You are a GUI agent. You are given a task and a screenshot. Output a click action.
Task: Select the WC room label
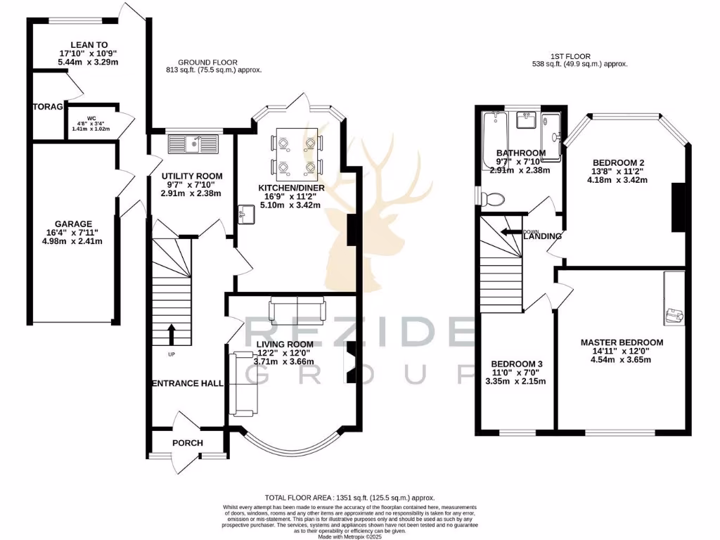pos(91,119)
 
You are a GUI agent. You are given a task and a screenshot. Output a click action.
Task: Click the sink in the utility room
pos(193,144)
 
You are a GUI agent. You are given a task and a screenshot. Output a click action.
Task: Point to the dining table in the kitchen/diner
pos(296,154)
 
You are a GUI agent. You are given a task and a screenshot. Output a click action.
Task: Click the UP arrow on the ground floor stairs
pos(171,335)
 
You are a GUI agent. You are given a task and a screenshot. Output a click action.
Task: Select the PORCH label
pos(187,443)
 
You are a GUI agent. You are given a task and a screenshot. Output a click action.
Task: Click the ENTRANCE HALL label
pos(188,383)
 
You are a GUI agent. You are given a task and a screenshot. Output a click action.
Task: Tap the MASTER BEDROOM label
pos(622,342)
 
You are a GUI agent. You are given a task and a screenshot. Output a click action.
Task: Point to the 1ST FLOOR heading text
pos(572,56)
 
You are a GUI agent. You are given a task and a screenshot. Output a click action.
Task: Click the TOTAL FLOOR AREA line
pos(349,496)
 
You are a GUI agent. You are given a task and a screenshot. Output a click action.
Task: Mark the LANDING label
pos(543,236)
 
